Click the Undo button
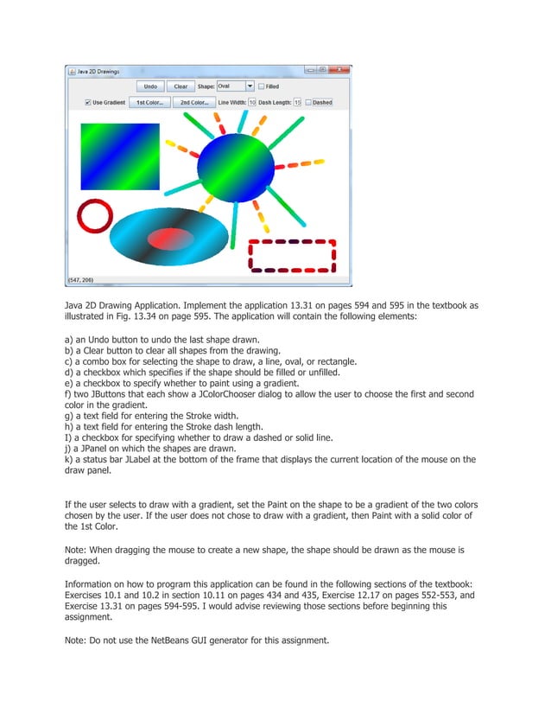pos(150,86)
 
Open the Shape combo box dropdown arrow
pos(250,86)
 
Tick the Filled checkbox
pos(262,86)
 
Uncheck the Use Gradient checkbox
pos(87,102)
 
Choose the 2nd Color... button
pos(193,102)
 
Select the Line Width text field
pos(252,102)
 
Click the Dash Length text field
pos(297,102)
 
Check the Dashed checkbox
pos(307,102)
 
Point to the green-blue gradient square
pos(119,156)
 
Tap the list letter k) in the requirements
pos(69,460)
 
